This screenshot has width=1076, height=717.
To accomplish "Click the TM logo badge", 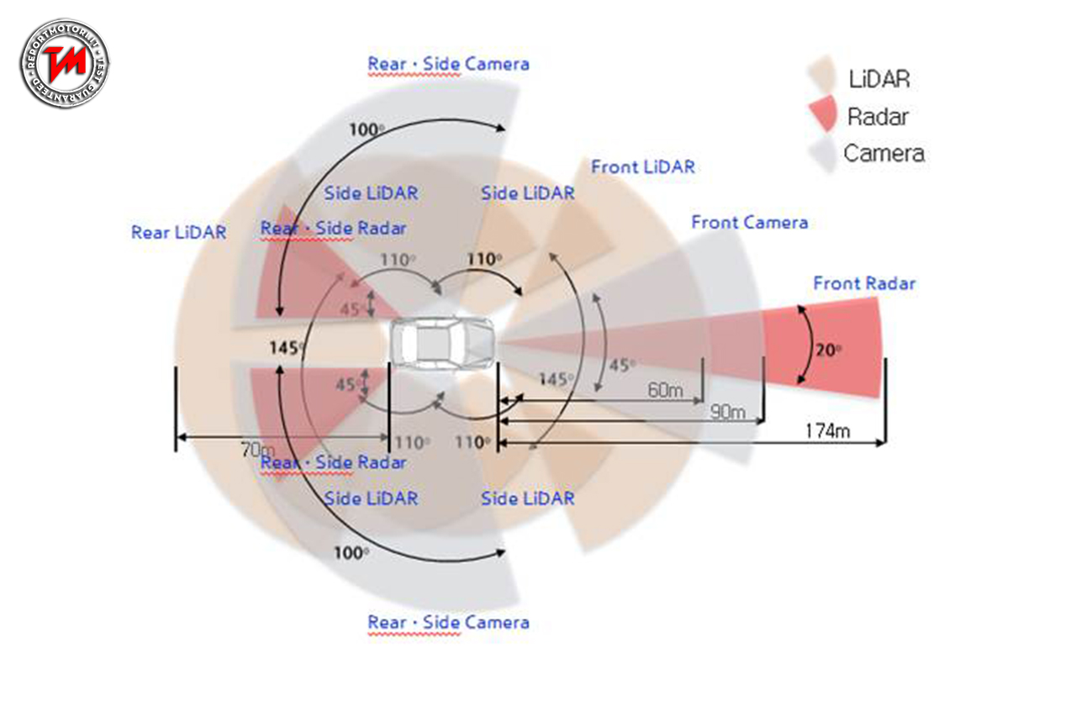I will point(65,64).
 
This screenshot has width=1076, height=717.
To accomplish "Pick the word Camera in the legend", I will point(883,153).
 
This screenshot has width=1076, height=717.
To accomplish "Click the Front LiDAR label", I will point(643,166).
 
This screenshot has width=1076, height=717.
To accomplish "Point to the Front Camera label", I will point(749,223).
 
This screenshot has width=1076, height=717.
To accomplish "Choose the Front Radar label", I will point(863,283).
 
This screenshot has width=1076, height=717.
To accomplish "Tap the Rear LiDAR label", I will point(178,233).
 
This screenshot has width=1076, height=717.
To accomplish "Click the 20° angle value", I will point(828,350).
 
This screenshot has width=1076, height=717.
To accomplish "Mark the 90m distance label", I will point(727,412).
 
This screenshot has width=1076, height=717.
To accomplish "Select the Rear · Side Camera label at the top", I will point(448,63).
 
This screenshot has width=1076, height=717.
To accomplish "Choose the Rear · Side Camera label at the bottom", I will point(448,623).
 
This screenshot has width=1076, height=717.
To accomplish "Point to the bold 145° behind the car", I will point(287,346).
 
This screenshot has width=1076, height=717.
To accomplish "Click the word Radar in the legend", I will point(878,116).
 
